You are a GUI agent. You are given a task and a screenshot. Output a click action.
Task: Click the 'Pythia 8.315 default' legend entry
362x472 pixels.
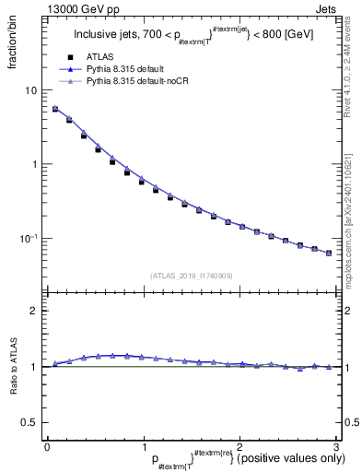click(x=129, y=69)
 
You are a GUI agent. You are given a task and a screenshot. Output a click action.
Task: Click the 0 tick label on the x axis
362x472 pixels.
click(x=47, y=446)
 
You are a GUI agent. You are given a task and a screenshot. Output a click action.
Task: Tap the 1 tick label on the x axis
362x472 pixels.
click(x=143, y=446)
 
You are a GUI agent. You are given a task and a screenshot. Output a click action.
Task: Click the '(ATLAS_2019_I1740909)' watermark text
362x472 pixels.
click(x=191, y=276)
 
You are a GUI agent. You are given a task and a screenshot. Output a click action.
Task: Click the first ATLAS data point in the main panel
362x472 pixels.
click(x=55, y=109)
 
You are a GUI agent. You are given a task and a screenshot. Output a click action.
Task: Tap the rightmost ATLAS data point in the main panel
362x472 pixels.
click(x=329, y=253)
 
